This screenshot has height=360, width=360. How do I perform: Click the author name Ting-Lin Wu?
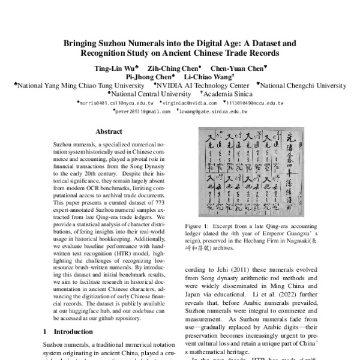coord(117,68)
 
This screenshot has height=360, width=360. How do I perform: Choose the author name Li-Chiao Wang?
coord(206,77)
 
